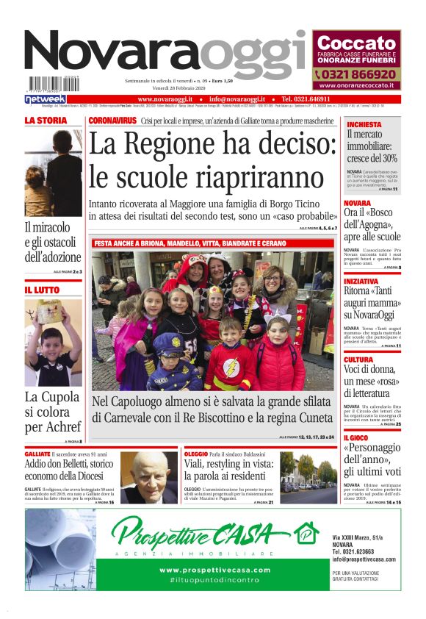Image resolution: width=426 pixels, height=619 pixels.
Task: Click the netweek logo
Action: coord(46,99)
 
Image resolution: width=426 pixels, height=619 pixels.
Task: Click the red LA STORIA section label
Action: coord(46,121)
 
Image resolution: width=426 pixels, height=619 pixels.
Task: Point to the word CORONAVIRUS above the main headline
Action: coord(112,120)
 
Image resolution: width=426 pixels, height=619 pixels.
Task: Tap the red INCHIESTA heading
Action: coord(364,125)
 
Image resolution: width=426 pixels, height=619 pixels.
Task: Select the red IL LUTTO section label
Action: coord(43,291)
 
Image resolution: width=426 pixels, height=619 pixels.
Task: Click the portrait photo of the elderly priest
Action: coord(149,478)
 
